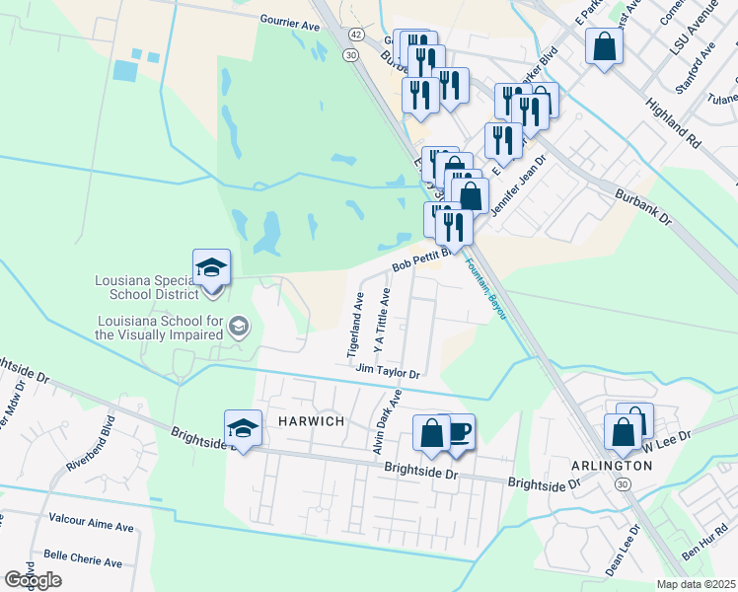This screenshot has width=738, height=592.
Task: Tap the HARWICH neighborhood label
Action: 311,421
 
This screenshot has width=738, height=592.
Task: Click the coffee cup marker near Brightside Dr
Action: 457,430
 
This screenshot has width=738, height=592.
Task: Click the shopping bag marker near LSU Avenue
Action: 604,45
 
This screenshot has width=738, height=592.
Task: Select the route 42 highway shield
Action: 353,35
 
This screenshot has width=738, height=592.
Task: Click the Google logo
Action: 33,580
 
